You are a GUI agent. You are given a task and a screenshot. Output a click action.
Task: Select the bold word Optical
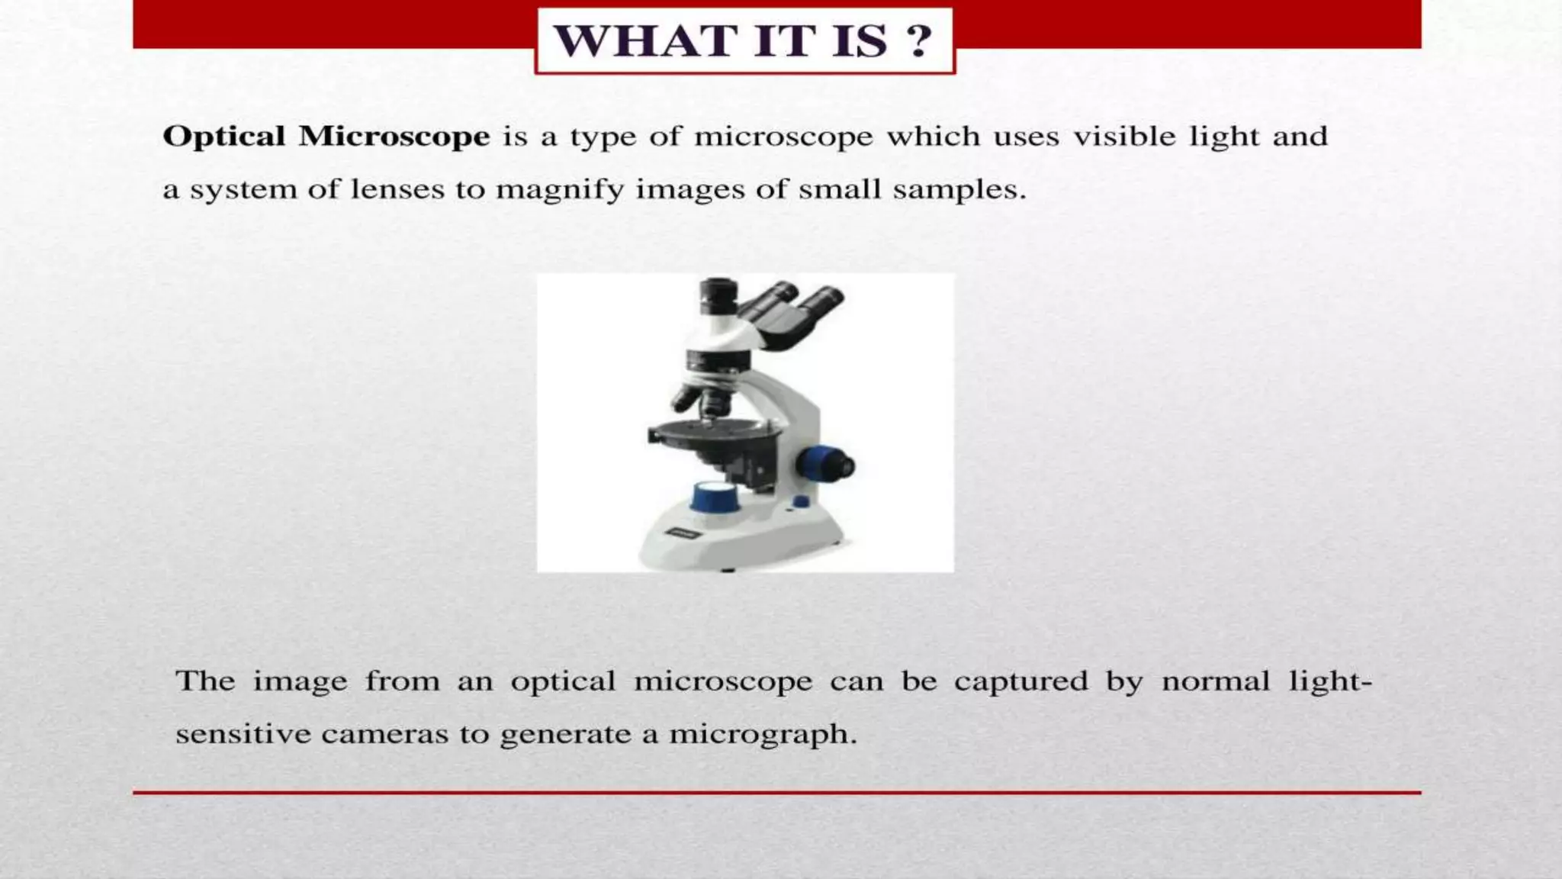[224, 137]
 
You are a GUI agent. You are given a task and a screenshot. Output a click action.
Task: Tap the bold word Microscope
[394, 137]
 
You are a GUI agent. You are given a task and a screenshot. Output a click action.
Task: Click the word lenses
[397, 189]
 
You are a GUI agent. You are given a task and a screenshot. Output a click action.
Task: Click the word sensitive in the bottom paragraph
[243, 735]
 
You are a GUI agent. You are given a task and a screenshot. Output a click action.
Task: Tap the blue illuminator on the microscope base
[714, 497]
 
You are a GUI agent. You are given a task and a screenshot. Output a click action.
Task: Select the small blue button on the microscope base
[800, 501]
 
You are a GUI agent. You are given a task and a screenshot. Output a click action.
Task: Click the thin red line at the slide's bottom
[776, 793]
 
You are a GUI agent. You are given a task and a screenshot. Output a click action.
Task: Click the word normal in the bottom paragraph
[1216, 681]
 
